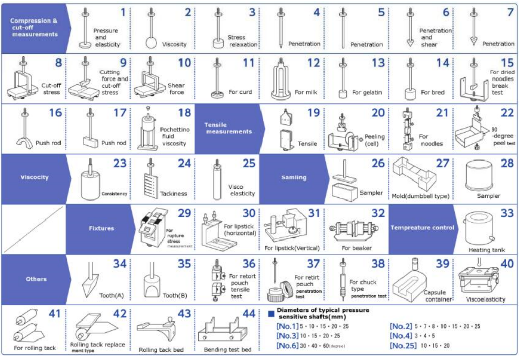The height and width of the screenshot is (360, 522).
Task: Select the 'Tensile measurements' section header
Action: (x=228, y=128)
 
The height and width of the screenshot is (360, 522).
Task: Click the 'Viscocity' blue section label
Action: (x=35, y=177)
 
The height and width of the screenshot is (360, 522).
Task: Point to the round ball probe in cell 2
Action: (x=151, y=43)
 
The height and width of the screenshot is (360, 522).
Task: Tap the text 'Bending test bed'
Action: (x=228, y=350)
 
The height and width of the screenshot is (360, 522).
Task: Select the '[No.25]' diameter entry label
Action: (x=402, y=346)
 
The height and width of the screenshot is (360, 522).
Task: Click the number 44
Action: (x=248, y=313)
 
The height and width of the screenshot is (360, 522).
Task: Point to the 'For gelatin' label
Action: (x=367, y=93)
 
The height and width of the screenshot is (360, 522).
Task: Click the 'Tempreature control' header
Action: (x=422, y=228)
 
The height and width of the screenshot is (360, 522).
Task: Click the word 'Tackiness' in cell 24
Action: (x=173, y=194)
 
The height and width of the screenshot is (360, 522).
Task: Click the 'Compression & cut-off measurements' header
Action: (x=34, y=28)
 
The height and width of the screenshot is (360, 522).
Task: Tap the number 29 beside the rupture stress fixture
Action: (x=184, y=213)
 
